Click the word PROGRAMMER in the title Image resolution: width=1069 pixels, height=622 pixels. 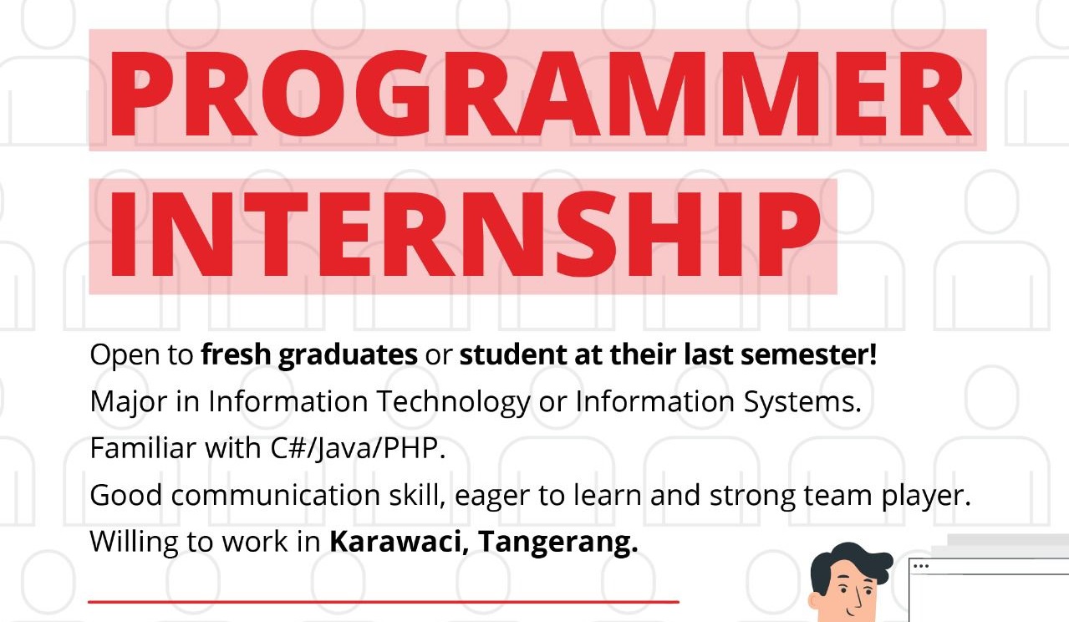[x=540, y=94]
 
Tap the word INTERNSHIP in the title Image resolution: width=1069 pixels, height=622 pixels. [x=466, y=235]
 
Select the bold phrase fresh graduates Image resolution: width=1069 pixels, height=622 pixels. [x=309, y=355]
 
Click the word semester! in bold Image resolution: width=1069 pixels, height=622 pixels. [x=809, y=354]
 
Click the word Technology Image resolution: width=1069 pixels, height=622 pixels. [x=453, y=402]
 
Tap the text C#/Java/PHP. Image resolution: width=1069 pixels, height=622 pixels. [x=358, y=449]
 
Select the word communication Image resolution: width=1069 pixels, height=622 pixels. [x=275, y=495]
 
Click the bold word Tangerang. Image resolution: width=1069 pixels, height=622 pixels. [x=557, y=543]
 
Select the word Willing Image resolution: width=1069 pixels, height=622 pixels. [x=134, y=543]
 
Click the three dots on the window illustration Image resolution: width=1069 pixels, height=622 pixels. [x=920, y=567]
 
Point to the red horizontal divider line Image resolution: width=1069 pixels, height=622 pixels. [x=384, y=602]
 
